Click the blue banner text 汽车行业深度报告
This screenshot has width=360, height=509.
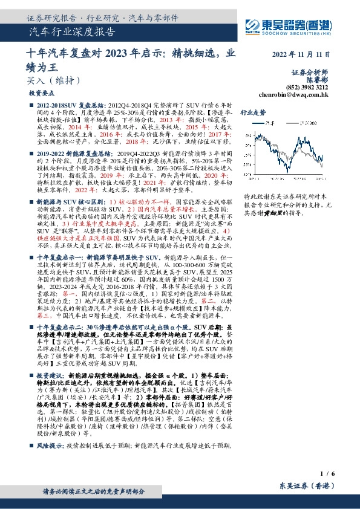pyautogui.click(x=72, y=33)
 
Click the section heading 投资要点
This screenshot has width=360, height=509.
pyautogui.click(x=42, y=94)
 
